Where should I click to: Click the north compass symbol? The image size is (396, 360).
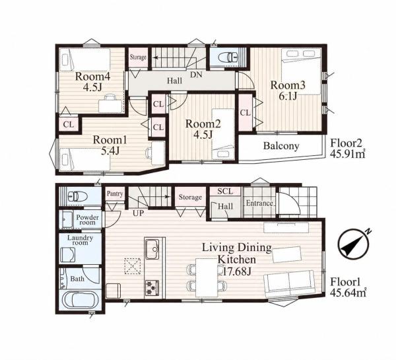[354, 244]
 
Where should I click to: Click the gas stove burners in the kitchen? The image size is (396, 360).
[152, 289]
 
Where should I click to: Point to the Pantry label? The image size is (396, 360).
[115, 194]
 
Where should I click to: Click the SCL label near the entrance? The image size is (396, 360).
[225, 192]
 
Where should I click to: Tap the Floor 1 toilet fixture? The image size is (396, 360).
[78, 196]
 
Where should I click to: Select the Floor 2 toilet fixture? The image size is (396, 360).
[229, 57]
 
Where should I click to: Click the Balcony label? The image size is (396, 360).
[281, 146]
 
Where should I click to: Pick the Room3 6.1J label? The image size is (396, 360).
[288, 90]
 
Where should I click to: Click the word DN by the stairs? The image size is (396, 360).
[196, 75]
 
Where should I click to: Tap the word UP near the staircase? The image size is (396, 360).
[138, 213]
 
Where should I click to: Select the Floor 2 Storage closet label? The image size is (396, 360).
[138, 57]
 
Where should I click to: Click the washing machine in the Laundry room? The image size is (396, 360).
[68, 254]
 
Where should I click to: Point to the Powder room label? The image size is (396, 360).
[87, 220]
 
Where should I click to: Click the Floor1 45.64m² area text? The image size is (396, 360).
[348, 287]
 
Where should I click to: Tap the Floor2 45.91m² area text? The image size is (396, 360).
[348, 149]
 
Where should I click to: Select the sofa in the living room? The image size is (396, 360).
[289, 283]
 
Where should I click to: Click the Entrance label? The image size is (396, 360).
[259, 203]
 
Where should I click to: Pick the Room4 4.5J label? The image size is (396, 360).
[92, 82]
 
